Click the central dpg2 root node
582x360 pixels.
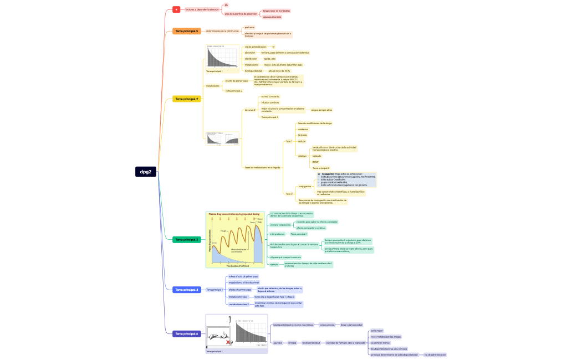(146, 172)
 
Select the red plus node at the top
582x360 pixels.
(176, 9)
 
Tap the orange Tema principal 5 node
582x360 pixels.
(186, 31)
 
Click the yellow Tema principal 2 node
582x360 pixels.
(186, 99)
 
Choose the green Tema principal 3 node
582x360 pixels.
(186, 239)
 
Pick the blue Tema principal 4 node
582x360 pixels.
(186, 290)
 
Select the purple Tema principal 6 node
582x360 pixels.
(186, 334)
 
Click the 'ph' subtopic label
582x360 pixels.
(226, 5)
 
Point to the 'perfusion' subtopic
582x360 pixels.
(249, 27)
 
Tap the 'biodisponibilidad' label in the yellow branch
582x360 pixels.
(253, 71)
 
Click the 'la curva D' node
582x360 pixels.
(250, 110)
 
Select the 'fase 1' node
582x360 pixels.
(289, 141)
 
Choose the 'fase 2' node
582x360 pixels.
(289, 194)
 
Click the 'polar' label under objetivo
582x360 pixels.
(315, 162)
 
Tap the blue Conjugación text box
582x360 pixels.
(346, 179)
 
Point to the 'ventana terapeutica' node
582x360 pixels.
(280, 225)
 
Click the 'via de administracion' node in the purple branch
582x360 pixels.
(435, 354)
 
